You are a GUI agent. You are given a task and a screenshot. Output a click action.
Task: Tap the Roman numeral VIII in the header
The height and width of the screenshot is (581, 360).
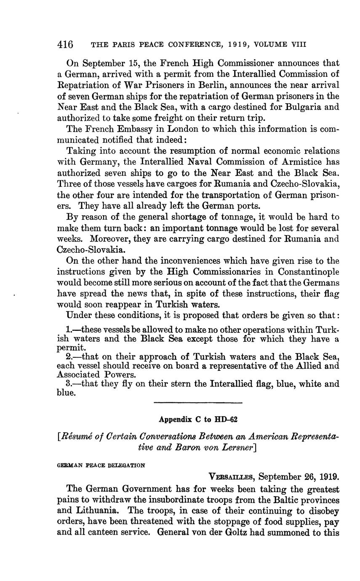pyautogui.click(x=298, y=44)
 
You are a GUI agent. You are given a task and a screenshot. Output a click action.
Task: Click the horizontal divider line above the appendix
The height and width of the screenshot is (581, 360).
pyautogui.click(x=198, y=403)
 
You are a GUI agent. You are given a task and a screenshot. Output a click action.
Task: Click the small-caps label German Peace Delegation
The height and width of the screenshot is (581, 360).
pyautogui.click(x=101, y=466)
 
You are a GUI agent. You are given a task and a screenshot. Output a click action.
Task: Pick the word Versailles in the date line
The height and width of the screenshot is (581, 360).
pyautogui.click(x=232, y=477)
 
